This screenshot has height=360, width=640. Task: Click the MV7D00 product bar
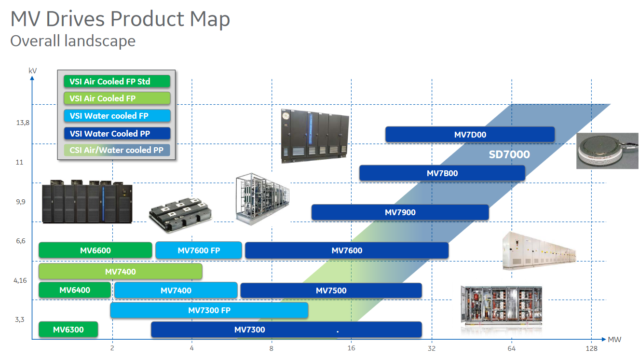pyautogui.click(x=470, y=134)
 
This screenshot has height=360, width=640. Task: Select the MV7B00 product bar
pyautogui.click(x=442, y=173)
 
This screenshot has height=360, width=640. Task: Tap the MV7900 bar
pyautogui.click(x=400, y=212)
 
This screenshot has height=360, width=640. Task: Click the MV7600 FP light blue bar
pyautogui.click(x=199, y=250)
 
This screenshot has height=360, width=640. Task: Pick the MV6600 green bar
pyautogui.click(x=95, y=250)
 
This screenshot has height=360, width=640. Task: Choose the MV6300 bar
pyautogui.click(x=68, y=330)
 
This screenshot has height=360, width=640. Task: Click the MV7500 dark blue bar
pyautogui.click(x=331, y=291)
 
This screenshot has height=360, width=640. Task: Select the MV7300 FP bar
pyautogui.click(x=209, y=310)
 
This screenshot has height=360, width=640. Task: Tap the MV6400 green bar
pyautogui.click(x=75, y=290)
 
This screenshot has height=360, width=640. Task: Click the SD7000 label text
pyautogui.click(x=509, y=154)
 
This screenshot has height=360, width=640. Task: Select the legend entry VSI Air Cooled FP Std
pyautogui.click(x=117, y=81)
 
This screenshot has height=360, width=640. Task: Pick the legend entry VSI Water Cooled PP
pyautogui.click(x=117, y=133)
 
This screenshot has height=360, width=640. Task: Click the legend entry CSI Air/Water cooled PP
pyautogui.click(x=117, y=150)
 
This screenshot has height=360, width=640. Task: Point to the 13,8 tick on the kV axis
pyautogui.click(x=23, y=123)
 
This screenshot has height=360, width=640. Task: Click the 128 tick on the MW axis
pyautogui.click(x=591, y=348)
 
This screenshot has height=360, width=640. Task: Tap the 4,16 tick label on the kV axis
pyautogui.click(x=20, y=280)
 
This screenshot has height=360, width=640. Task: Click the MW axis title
pyautogui.click(x=614, y=339)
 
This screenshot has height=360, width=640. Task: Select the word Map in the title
pyautogui.click(x=210, y=19)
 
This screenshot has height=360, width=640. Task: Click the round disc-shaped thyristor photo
pyautogui.click(x=607, y=151)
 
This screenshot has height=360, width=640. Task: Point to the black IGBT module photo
pyautogui.click(x=180, y=214)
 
